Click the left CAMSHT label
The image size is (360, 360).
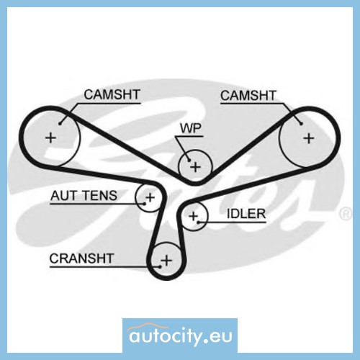(x=112, y=94)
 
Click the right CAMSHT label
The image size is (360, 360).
(x=248, y=96)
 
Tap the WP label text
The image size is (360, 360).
(x=191, y=128)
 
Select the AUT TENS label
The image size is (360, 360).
(x=84, y=196)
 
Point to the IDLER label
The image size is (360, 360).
(x=246, y=214)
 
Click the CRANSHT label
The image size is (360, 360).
(x=81, y=258)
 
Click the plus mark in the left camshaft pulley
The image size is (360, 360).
(x=50, y=138)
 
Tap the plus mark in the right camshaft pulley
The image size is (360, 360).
(x=309, y=138)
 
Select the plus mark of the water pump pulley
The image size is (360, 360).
(x=195, y=167)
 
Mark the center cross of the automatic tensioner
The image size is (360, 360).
(x=150, y=197)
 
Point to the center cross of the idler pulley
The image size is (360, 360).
(x=193, y=216)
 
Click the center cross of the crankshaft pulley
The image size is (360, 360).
(x=166, y=261)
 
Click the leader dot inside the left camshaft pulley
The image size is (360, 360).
(x=60, y=124)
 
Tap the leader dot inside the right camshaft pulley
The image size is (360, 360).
(x=302, y=124)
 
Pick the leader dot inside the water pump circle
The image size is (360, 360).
(x=189, y=160)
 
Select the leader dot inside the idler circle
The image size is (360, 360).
(x=198, y=222)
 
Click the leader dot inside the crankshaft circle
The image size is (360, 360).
(x=160, y=266)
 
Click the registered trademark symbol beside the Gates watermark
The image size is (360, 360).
(x=346, y=214)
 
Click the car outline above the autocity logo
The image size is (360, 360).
(x=148, y=327)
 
